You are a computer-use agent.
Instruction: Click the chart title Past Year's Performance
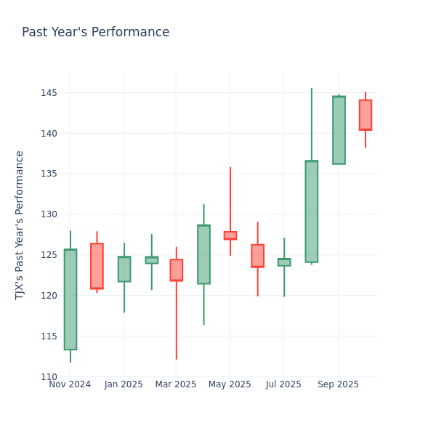click(x=95, y=33)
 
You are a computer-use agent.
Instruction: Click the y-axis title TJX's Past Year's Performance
click(x=20, y=225)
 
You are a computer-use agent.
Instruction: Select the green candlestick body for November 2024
click(x=70, y=299)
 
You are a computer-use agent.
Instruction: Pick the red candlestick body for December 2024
click(x=97, y=266)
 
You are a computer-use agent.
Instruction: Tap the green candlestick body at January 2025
click(x=124, y=269)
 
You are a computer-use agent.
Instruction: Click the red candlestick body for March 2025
click(x=176, y=270)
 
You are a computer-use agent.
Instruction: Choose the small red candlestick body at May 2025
click(x=230, y=235)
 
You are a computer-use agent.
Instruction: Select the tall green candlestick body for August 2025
click(x=311, y=211)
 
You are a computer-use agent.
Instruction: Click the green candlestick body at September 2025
click(x=339, y=130)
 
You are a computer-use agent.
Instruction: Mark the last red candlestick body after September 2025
click(x=366, y=115)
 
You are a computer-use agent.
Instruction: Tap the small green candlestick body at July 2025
click(x=284, y=262)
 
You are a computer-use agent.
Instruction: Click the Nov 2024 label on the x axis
click(x=70, y=384)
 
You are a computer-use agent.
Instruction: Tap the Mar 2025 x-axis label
click(x=177, y=384)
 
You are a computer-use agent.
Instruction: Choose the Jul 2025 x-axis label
click(x=283, y=384)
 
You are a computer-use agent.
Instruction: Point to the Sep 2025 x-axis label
click(x=338, y=384)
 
